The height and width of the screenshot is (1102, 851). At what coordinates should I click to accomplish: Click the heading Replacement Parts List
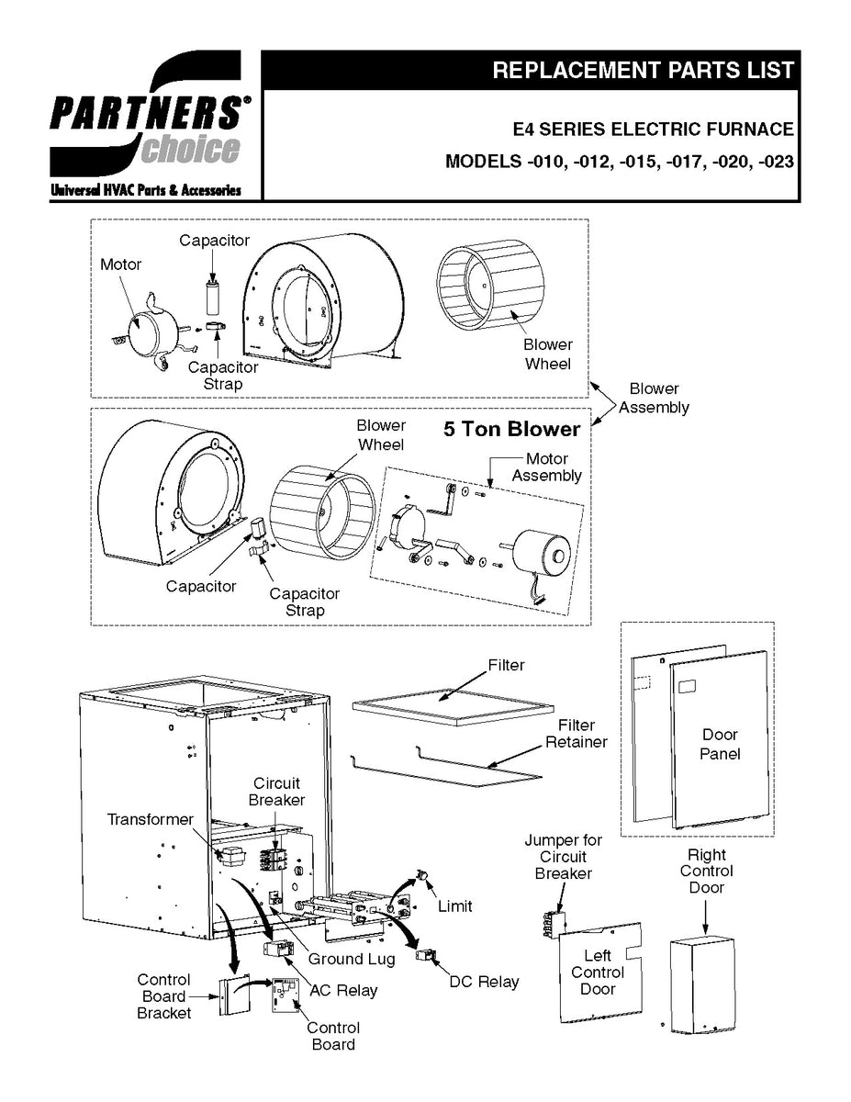pos(643,71)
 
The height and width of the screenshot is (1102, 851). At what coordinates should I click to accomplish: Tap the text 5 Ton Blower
pos(512,430)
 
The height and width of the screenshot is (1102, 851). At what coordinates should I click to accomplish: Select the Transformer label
pos(151,819)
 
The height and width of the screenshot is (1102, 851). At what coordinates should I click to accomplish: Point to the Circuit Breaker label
pos(276,792)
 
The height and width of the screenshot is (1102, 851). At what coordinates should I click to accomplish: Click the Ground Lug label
pos(351,959)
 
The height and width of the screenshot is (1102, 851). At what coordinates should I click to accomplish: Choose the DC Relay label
pos(484,982)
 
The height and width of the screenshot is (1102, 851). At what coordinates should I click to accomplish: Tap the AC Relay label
pos(343,990)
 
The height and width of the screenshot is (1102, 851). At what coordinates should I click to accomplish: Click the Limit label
pos(454,906)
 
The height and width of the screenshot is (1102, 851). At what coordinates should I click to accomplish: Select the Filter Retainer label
pos(577,733)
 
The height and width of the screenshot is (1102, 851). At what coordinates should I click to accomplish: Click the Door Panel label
pos(720,744)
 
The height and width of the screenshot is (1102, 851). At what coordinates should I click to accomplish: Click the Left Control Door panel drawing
pos(599,973)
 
